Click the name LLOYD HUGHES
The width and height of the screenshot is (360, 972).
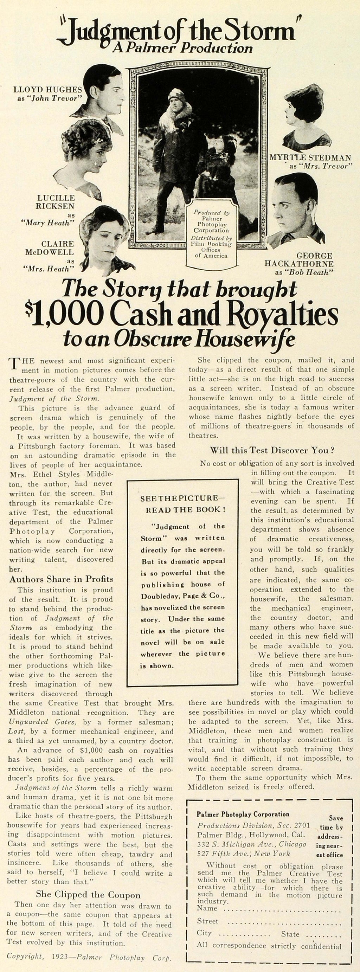(x=47, y=89)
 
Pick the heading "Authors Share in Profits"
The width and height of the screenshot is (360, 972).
(x=61, y=579)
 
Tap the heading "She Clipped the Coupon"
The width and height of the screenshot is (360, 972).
(x=88, y=895)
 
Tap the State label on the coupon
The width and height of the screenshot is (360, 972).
(x=290, y=934)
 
